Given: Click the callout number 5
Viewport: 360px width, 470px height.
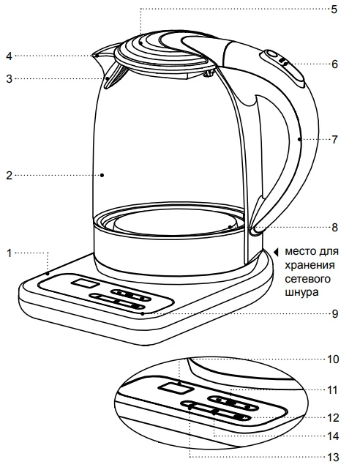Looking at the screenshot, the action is [334, 10].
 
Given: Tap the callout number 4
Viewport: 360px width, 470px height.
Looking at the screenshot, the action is [10, 56].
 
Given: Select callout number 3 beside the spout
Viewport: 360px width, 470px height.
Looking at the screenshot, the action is [10, 79].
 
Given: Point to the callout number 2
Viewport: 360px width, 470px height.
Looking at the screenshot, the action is [10, 176].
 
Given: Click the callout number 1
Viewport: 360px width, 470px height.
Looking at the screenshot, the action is [10, 253].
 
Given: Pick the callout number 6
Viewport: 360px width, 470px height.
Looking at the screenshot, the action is [334, 64].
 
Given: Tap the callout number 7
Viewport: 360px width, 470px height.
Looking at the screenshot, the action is [334, 140].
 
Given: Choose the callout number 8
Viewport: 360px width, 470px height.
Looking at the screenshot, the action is [334, 227].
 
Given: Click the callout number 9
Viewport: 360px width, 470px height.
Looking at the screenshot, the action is [334, 314].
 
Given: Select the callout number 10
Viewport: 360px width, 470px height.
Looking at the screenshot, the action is [332, 359].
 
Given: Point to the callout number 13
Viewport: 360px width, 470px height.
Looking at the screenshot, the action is [332, 458].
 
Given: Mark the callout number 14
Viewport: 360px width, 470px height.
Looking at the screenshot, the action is [332, 436].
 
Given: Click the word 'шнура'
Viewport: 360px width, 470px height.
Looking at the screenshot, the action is [301, 292].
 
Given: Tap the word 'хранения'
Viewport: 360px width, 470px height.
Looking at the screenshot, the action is [310, 265].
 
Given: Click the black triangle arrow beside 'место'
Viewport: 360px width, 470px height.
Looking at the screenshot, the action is [276, 251].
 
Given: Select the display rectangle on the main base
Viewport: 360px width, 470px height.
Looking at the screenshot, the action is [85, 283].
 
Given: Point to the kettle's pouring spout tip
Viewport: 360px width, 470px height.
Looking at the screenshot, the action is [94, 55].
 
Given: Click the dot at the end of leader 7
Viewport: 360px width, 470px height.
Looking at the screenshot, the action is [299, 139].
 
